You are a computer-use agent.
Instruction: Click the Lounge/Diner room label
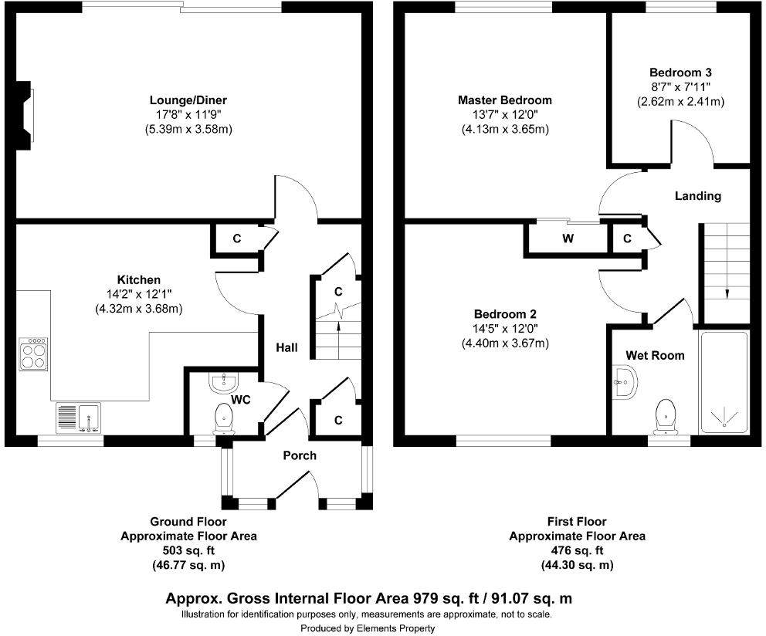188,100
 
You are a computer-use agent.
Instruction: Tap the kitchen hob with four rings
34,355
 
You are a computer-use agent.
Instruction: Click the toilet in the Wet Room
665,416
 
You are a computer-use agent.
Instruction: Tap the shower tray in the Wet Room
724,382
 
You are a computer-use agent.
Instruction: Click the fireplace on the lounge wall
27,116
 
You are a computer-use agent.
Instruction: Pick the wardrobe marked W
568,238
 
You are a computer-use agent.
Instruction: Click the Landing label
698,196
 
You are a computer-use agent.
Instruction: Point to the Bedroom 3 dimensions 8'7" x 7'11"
680,87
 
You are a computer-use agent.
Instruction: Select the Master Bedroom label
504,100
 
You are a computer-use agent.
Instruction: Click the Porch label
300,455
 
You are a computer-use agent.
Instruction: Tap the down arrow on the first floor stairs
727,292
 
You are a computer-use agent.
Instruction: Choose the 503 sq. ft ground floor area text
188,550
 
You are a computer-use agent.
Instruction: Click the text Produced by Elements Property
368,628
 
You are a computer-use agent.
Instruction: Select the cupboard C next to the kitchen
237,239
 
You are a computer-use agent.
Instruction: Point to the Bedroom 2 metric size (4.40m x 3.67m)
505,343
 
